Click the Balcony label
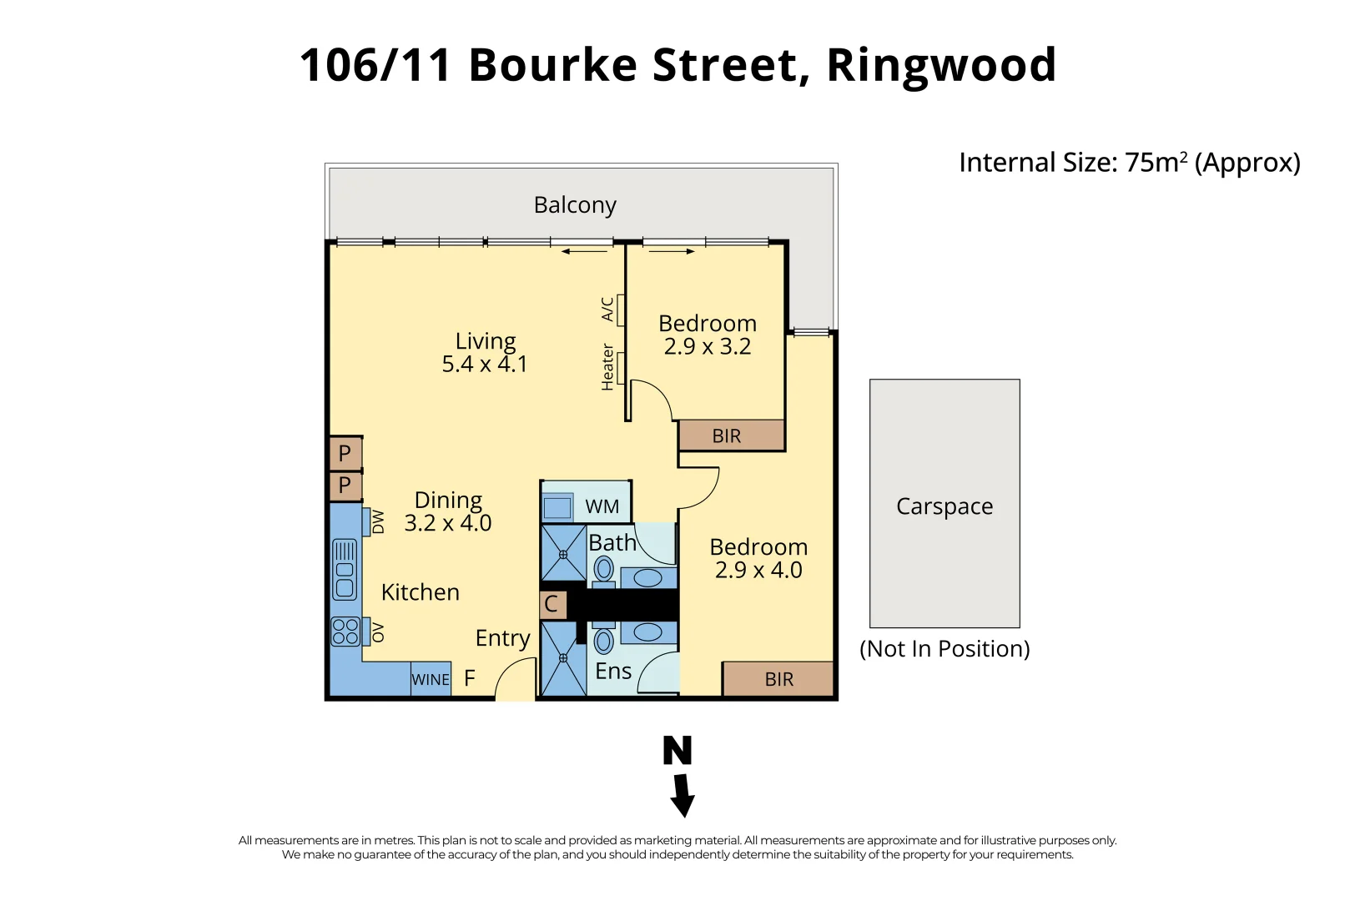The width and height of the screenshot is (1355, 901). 575,205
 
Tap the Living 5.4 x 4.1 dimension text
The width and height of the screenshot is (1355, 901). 485,365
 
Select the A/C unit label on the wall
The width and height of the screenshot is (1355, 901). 608,310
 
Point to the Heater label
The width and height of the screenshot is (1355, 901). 608,367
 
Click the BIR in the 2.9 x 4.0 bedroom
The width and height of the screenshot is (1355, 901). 778,679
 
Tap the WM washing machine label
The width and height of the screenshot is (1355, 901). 602,506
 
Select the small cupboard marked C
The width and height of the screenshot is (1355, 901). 552,604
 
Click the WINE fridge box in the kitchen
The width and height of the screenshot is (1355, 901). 431,679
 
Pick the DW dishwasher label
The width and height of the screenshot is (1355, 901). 378,521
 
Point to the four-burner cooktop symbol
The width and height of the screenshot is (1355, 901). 345,632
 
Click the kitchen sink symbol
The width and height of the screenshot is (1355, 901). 345,570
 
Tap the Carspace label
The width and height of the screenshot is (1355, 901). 944,506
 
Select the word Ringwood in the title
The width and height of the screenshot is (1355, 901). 941,65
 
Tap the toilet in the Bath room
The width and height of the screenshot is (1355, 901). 604,571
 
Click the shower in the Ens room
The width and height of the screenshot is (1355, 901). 563,658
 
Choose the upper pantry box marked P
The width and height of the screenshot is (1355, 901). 345,454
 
